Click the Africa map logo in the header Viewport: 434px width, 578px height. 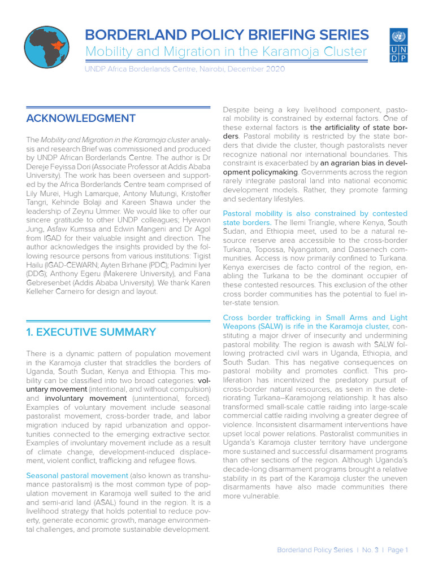(x=46, y=45)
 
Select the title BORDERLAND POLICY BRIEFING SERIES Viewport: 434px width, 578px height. (x=227, y=34)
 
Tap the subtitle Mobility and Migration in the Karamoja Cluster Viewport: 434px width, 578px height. (x=226, y=52)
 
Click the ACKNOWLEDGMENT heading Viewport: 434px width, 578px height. (x=81, y=118)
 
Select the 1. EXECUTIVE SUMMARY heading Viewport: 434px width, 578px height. (x=91, y=332)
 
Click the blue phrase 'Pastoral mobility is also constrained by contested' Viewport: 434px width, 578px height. (x=315, y=213)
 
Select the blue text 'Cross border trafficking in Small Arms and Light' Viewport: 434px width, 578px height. (x=315, y=317)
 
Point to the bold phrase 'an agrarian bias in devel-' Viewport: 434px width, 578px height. (x=358, y=163)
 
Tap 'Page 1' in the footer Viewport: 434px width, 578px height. (x=397, y=550)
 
